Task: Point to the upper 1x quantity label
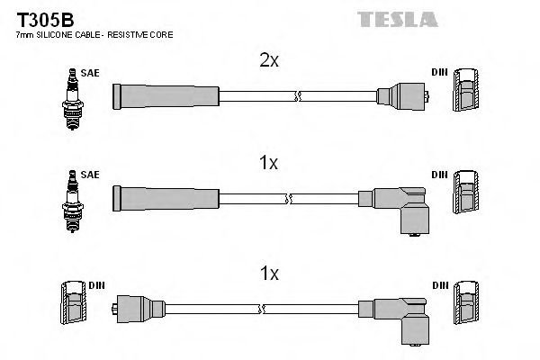267,163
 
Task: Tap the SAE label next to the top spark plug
90,73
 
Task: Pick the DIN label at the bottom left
96,285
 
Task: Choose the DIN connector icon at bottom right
465,305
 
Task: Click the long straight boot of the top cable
166,94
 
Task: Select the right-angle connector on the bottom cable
404,316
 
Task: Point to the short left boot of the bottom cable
136,308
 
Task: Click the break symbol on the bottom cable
262,308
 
